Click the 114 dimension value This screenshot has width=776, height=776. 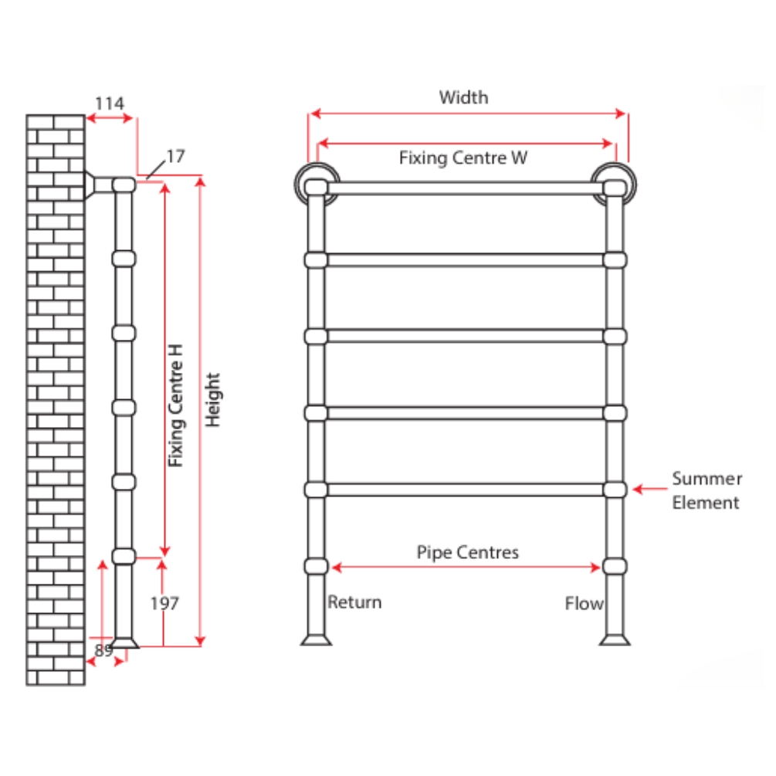click(x=110, y=103)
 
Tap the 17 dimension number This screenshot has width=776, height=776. click(x=175, y=157)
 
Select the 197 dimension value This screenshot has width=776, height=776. click(x=164, y=604)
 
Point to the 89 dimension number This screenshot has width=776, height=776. click(x=103, y=650)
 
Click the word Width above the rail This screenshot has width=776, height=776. click(x=463, y=97)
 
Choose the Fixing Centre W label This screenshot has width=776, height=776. click(x=463, y=158)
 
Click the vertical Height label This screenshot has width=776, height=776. click(x=214, y=400)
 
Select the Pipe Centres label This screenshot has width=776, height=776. click(x=468, y=552)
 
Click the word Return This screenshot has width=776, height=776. click(x=354, y=602)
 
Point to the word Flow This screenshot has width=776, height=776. click(x=584, y=604)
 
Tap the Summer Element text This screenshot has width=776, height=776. click(x=706, y=491)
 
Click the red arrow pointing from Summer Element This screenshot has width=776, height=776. click(x=649, y=489)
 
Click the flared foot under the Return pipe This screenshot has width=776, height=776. click(x=316, y=639)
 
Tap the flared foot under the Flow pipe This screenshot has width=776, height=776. click(x=615, y=639)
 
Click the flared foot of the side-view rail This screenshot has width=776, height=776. click(x=125, y=642)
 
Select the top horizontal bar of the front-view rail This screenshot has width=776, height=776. click(x=463, y=188)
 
